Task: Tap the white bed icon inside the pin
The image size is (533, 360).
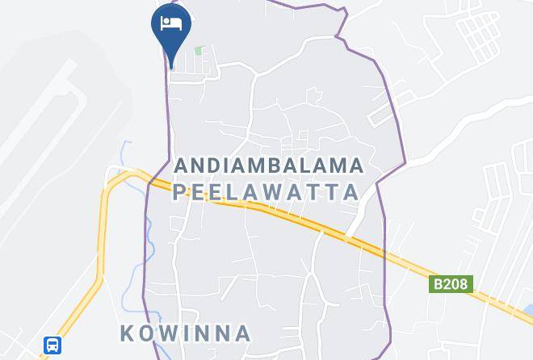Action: click(x=170, y=23)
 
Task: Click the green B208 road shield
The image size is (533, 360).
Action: click(x=450, y=284)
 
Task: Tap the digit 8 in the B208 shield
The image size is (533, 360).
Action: click(x=463, y=284)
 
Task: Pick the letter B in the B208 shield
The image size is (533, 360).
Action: click(x=437, y=284)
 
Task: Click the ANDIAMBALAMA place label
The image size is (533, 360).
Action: click(x=269, y=165)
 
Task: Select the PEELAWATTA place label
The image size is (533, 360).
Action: click(x=266, y=192)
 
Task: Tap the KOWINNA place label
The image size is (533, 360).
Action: click(x=186, y=333)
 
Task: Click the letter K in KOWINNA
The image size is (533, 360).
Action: click(x=128, y=333)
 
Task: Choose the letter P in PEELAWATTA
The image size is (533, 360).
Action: click(x=179, y=192)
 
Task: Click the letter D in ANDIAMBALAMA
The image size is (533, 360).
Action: click(x=218, y=165)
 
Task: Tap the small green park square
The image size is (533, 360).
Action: click(x=199, y=51)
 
